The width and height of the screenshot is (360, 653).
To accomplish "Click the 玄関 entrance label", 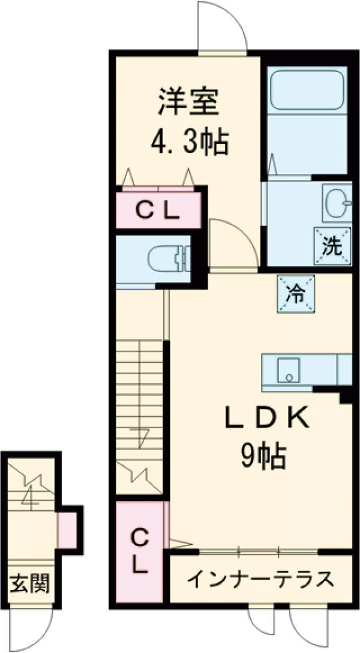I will click(28, 582).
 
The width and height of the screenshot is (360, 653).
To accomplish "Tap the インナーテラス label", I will click(260, 579).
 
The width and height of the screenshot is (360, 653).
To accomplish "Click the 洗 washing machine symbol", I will click(331, 246).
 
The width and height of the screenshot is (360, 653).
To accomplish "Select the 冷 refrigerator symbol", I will click(295, 293).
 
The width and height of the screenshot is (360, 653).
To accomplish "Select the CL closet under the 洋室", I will click(157, 210).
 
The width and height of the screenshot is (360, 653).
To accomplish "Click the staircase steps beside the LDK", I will click(139, 390).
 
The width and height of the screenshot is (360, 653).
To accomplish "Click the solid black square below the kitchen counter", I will click(346, 396).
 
